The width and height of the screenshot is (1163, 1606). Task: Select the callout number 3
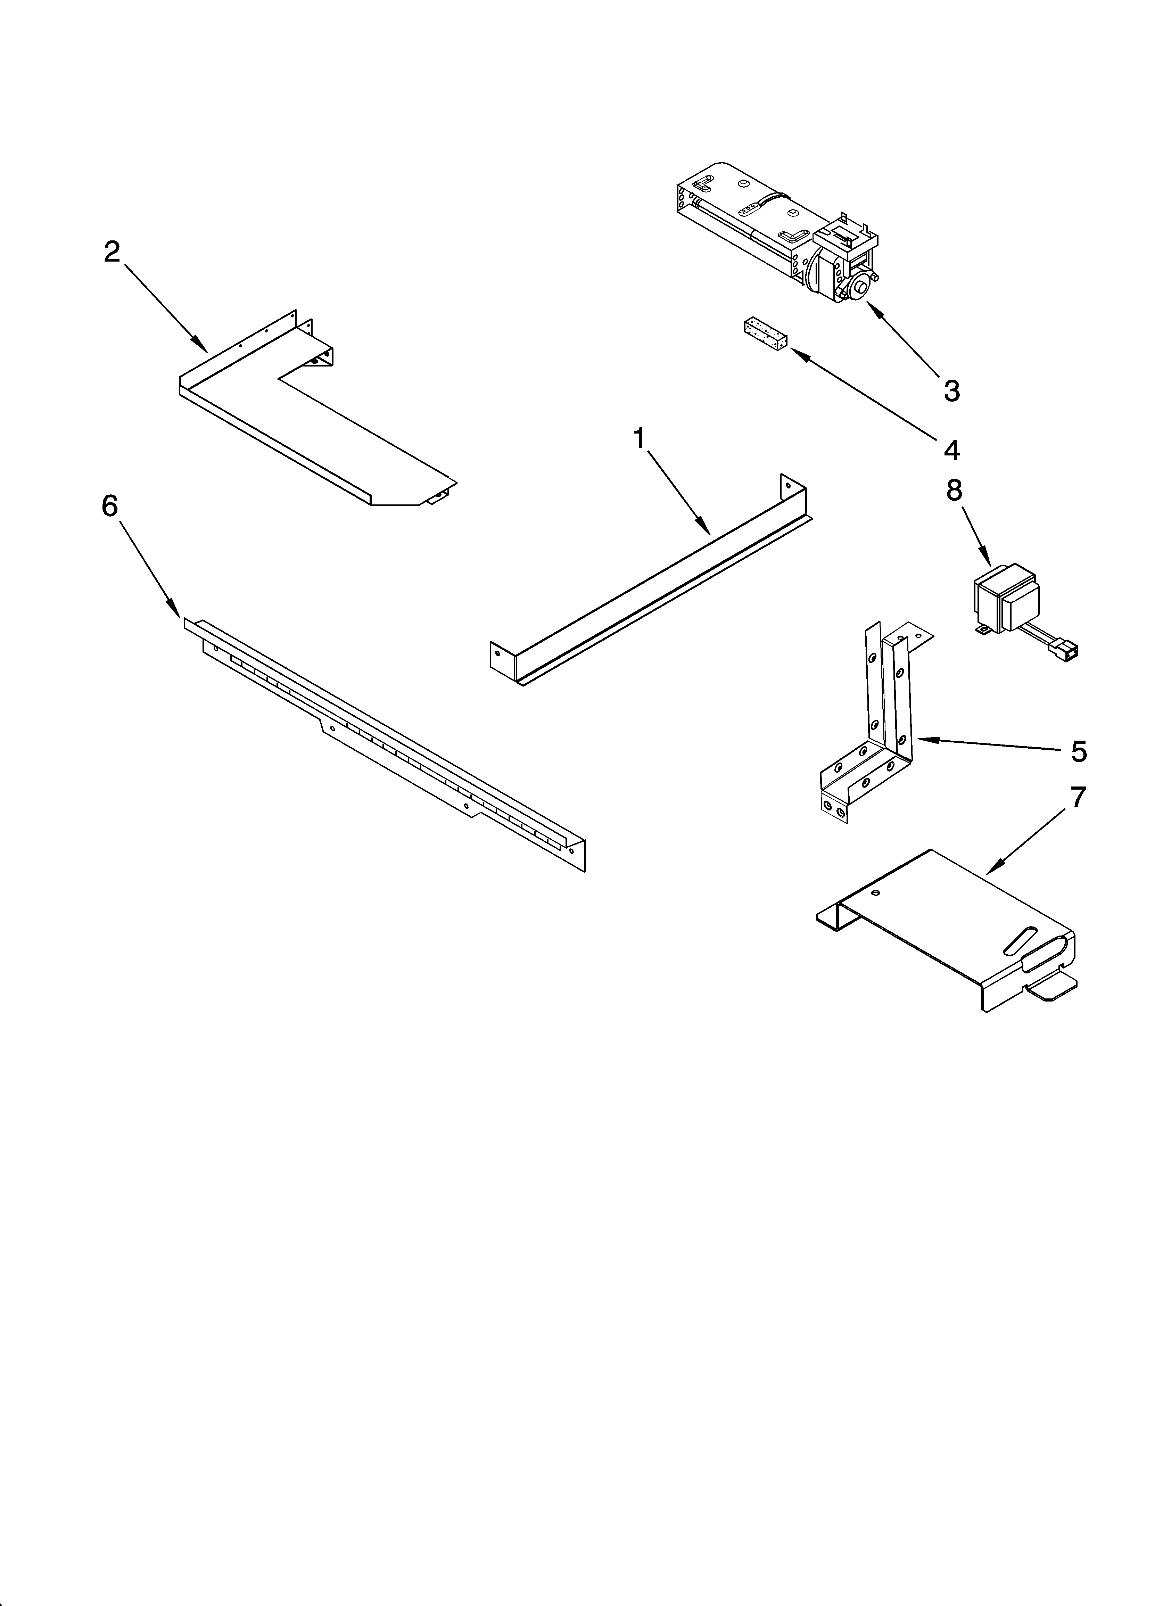click(x=951, y=390)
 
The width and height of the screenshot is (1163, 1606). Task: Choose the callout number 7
click(x=1077, y=798)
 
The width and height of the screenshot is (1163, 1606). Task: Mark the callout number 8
click(x=954, y=491)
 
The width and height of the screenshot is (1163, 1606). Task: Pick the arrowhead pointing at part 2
click(x=203, y=348)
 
